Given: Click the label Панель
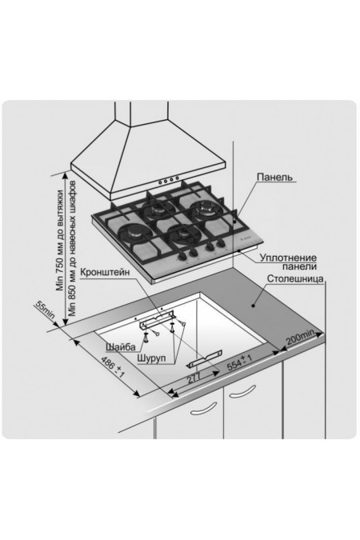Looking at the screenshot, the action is click(274, 178).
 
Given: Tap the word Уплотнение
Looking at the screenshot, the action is click(288, 258).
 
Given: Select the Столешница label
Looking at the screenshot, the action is click(295, 278).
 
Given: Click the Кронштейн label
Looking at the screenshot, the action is click(105, 272).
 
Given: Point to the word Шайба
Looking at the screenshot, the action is click(121, 346).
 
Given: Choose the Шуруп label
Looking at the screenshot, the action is click(151, 358).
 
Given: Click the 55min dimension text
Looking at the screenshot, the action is click(45, 310).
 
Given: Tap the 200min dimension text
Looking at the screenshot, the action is click(301, 337).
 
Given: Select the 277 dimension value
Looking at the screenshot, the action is click(194, 379).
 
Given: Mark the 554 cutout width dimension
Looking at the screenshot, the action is click(239, 362).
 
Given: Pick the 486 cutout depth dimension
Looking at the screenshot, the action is click(112, 368).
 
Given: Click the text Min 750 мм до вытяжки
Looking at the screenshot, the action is click(60, 240).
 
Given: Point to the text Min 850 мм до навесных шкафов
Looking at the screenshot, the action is click(72, 248).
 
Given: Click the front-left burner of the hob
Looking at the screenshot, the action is click(134, 234).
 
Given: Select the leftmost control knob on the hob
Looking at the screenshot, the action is click(182, 255).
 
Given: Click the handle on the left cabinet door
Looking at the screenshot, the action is click(204, 409).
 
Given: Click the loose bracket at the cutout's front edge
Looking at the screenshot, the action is click(204, 359).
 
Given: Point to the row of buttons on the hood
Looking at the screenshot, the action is click(169, 180).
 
